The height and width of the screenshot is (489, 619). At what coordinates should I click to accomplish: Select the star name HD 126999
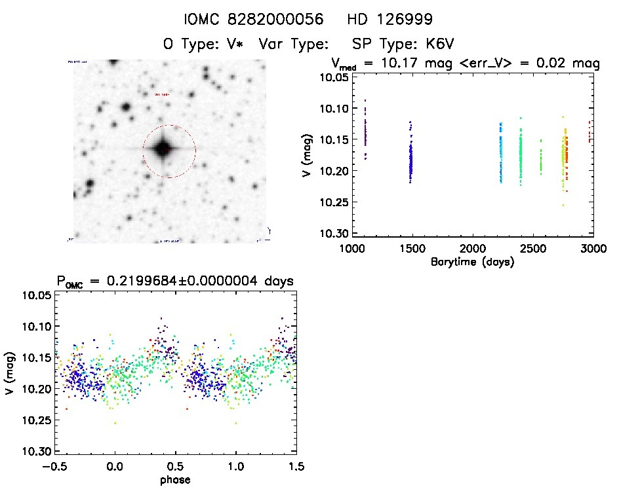tap(390, 20)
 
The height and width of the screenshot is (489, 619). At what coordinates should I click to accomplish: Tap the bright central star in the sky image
tap(163, 149)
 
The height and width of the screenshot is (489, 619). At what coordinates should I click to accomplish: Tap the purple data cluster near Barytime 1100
tap(365, 131)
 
